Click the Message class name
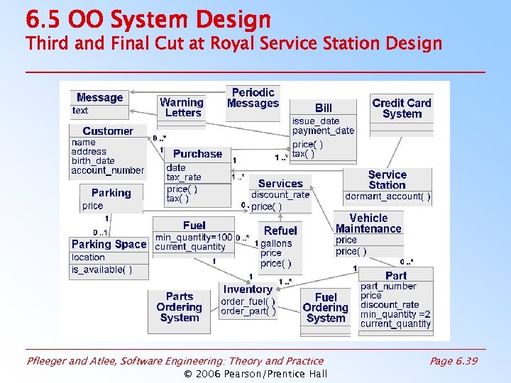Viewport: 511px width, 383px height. point(99,98)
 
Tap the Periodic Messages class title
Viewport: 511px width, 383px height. point(253,98)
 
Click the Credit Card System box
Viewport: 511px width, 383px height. point(402,109)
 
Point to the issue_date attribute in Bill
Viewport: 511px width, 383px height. point(316,121)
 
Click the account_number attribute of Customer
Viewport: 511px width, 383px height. point(108,170)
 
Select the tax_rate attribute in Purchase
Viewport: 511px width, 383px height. point(184,177)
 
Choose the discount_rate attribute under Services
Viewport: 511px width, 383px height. point(280,195)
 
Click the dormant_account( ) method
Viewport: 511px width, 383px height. point(388,196)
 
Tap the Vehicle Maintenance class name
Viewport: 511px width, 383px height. point(368,223)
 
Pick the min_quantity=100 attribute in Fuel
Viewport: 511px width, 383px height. point(194,237)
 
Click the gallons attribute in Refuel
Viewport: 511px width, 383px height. point(276,243)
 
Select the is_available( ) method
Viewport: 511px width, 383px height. point(101,270)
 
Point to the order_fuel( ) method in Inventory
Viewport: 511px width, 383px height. point(248,301)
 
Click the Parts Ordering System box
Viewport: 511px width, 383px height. point(179,308)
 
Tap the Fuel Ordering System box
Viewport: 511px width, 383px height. point(325,308)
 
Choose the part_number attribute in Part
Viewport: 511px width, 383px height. point(388,287)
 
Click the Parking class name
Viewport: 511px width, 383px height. point(111,193)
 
